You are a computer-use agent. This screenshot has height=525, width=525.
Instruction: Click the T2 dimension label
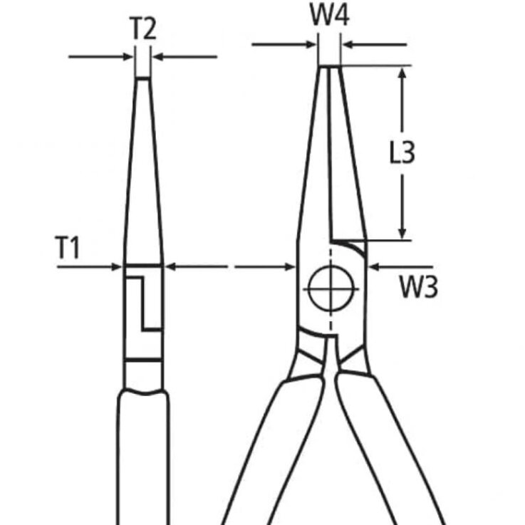coord(142,28)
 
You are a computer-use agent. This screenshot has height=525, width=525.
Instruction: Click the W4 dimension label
coord(330,15)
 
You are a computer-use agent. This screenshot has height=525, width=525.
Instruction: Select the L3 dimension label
coord(402,152)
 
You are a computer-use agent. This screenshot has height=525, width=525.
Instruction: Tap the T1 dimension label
coord(67,248)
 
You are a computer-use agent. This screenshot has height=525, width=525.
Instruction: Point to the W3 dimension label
coord(419,287)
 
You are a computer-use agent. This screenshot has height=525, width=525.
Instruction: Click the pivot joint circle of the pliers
coord(331,289)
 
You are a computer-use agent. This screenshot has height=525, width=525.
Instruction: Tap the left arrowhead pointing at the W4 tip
coord(311,44)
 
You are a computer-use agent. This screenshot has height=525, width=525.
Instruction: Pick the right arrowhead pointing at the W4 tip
coord(348,44)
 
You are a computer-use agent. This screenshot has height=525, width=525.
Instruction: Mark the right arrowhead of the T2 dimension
coord(157,57)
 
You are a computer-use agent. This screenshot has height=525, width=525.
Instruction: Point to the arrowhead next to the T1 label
coord(116,267)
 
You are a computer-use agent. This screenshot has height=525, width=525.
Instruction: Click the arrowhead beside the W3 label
coord(374,267)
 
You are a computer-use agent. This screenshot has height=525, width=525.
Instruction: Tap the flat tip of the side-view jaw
coord(143,78)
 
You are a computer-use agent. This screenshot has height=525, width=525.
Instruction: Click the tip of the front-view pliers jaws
coord(330,67)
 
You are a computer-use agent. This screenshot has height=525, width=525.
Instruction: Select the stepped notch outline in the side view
coord(144,303)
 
